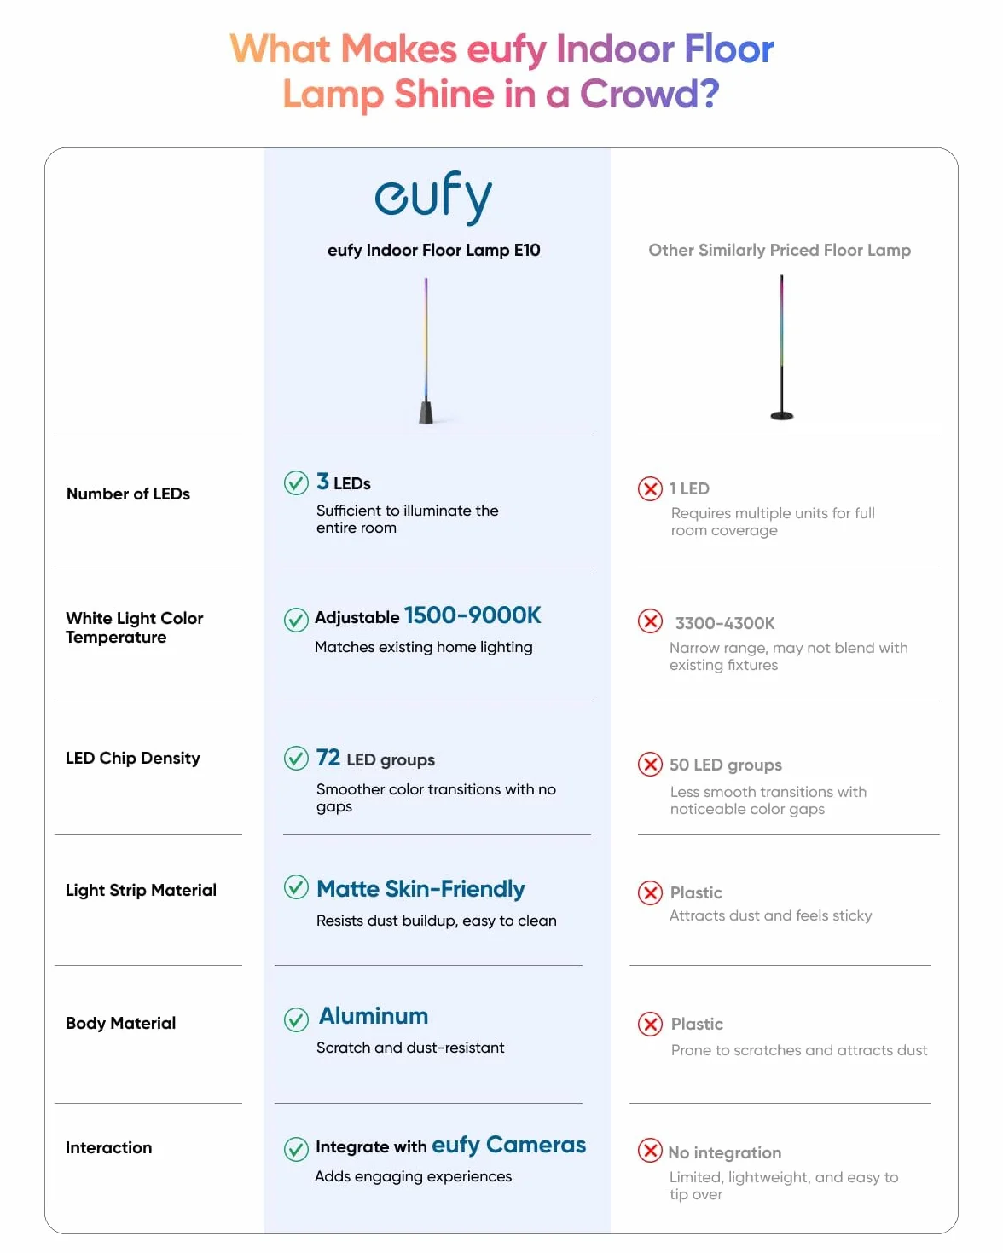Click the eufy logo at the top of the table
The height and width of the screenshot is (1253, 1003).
click(433, 198)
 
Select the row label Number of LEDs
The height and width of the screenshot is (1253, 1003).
click(128, 494)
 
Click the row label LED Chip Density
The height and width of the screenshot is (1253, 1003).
click(133, 758)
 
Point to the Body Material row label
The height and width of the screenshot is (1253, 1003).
click(120, 1023)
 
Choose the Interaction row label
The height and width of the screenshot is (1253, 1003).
click(109, 1147)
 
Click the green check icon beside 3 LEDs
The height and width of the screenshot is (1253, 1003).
click(296, 483)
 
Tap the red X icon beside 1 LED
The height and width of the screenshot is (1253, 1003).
click(650, 488)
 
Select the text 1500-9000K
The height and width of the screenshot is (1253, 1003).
click(473, 615)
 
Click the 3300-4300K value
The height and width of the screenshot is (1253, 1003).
click(725, 623)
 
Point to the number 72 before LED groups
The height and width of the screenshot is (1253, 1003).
click(328, 758)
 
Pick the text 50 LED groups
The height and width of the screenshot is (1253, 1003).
click(726, 765)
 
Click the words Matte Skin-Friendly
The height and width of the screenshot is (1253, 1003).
click(420, 889)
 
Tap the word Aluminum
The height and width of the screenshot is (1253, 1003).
click(374, 1016)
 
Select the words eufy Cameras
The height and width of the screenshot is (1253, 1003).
click(509, 1146)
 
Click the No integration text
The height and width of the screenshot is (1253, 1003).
click(724, 1153)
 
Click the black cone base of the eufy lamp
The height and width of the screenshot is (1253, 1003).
click(426, 411)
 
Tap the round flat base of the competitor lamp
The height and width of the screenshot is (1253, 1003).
click(781, 415)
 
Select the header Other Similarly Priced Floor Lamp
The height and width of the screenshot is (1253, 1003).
click(780, 251)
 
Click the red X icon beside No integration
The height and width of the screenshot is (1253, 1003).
click(650, 1150)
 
